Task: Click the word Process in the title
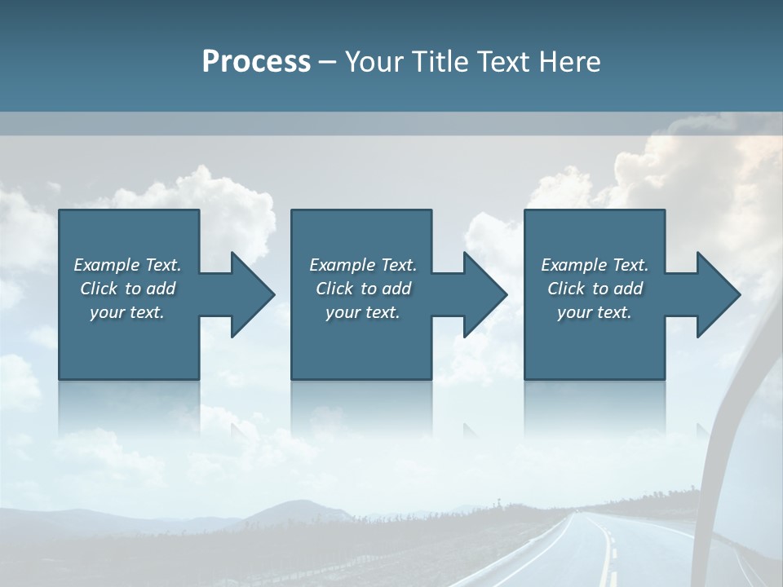[x=256, y=62]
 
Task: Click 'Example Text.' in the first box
[x=127, y=265]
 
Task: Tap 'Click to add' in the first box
[x=127, y=289]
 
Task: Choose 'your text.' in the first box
[x=127, y=312]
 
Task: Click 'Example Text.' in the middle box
[x=363, y=265]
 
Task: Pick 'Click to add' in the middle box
[x=363, y=289]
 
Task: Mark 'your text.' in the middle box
[x=363, y=312]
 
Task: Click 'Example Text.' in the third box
[x=595, y=265]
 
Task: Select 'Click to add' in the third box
[x=595, y=289]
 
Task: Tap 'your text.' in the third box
[x=595, y=312]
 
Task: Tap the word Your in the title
[x=371, y=62]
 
